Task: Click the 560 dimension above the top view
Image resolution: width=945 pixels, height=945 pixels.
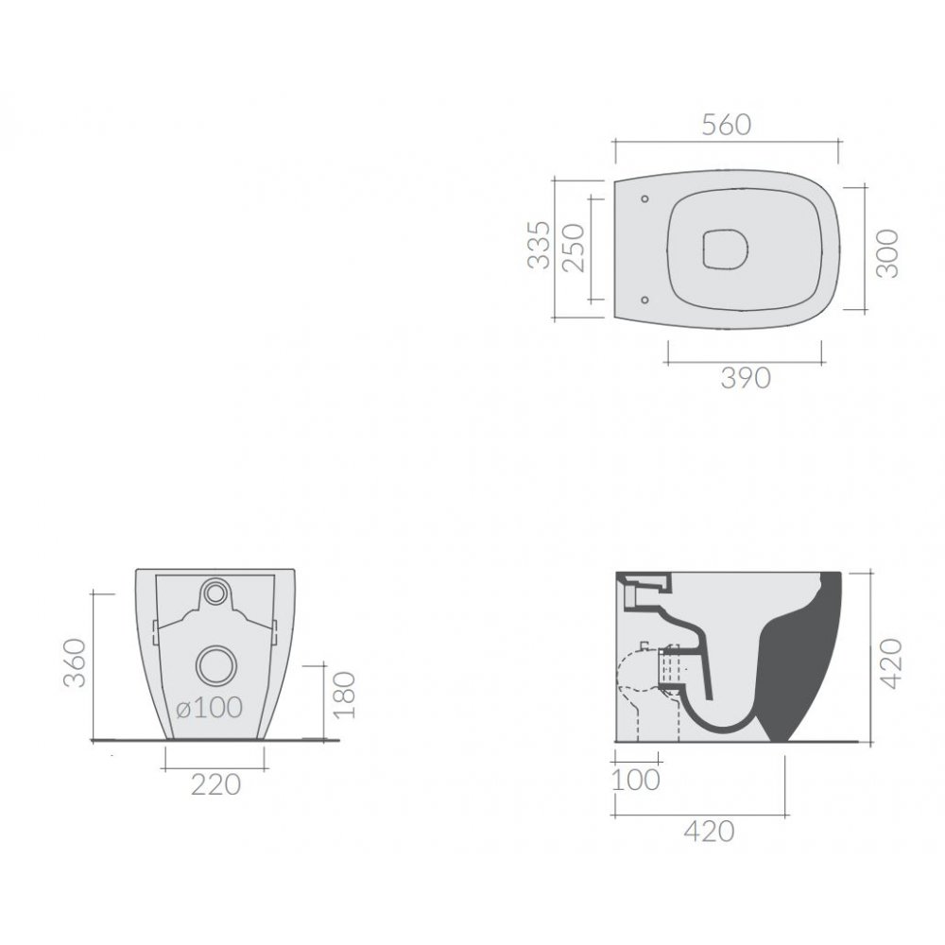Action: point(727,125)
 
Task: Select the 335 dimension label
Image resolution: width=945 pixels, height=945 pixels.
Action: point(539,245)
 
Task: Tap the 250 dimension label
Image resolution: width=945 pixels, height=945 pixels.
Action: point(574,248)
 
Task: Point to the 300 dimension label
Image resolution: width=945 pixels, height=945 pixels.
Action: point(886,253)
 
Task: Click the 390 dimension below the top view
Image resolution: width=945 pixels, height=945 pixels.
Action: point(746,378)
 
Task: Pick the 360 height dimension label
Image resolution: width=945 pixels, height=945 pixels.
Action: point(76,663)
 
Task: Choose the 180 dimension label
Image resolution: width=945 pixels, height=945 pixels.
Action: point(345,695)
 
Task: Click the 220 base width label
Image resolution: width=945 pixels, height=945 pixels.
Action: point(215,784)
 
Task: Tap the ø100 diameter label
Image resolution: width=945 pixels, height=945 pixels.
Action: point(209,708)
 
